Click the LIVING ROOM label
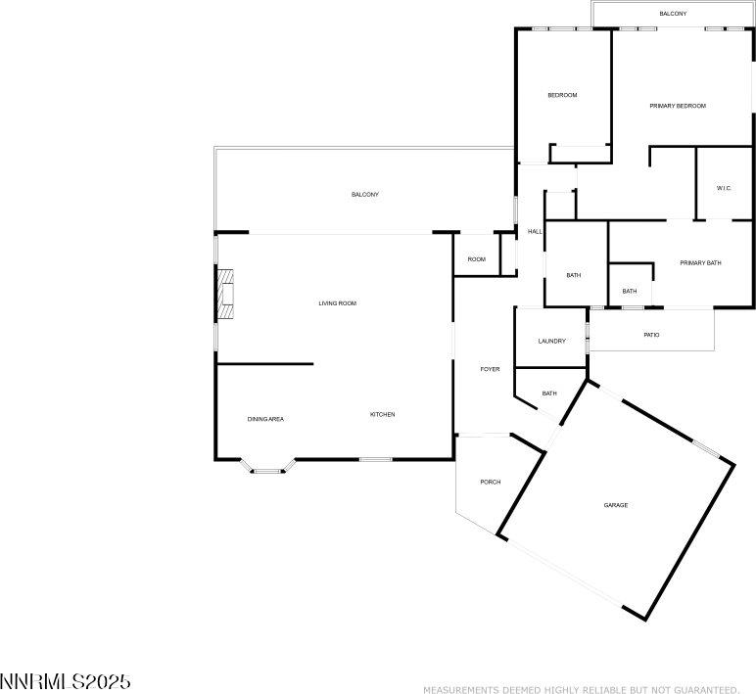338,303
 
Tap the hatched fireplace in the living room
225,294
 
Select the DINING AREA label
265,419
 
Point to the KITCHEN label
382,414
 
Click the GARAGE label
616,505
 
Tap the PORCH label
491,482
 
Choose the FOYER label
490,369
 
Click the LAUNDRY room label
552,342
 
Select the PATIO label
651,335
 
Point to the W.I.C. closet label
724,188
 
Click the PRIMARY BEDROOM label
678,106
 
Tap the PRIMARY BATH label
700,263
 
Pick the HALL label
535,232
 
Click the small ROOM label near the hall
477,259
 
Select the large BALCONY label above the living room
365,195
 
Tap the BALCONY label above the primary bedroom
673,14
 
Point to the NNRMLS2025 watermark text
66,681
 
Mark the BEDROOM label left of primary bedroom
563,95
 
